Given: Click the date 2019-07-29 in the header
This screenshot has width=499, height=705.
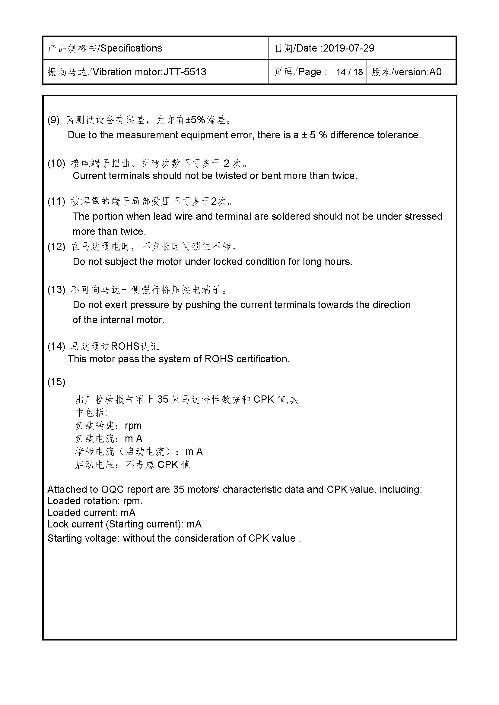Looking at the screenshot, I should coord(349,48).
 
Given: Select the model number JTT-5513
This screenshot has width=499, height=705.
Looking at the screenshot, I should coord(185,72).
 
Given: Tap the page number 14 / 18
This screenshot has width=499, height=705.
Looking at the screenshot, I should coord(349,72).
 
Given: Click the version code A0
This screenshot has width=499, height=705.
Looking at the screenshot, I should coord(435,72).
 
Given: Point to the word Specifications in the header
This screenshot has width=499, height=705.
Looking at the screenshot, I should coord(131,48).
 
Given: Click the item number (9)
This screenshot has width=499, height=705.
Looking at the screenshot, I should coord(53,120).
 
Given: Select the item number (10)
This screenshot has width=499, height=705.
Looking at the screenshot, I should coord(56,163).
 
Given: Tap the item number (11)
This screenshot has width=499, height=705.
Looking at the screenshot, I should coord(56,201).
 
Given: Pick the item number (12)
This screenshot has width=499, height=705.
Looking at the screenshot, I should coord(56,246).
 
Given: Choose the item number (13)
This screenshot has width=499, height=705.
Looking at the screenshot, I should coord(56,290).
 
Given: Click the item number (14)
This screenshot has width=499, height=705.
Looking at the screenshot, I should coord(56,346).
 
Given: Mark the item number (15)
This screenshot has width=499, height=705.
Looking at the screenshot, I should coord(56,382).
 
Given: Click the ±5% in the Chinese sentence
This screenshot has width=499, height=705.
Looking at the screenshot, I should coord(195,120).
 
